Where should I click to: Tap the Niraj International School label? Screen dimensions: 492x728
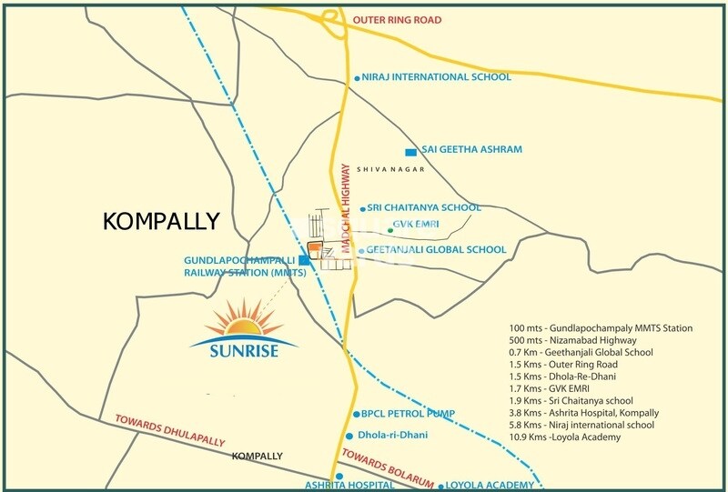click(x=437, y=77)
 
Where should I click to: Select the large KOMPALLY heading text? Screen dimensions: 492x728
click(x=161, y=221)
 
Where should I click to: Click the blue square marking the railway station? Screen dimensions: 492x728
click(x=303, y=261)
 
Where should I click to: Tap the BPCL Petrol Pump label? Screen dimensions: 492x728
click(x=408, y=413)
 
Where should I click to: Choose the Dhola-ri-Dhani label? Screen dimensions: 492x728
click(x=399, y=436)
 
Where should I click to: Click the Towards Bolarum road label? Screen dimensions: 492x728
click(x=392, y=464)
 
